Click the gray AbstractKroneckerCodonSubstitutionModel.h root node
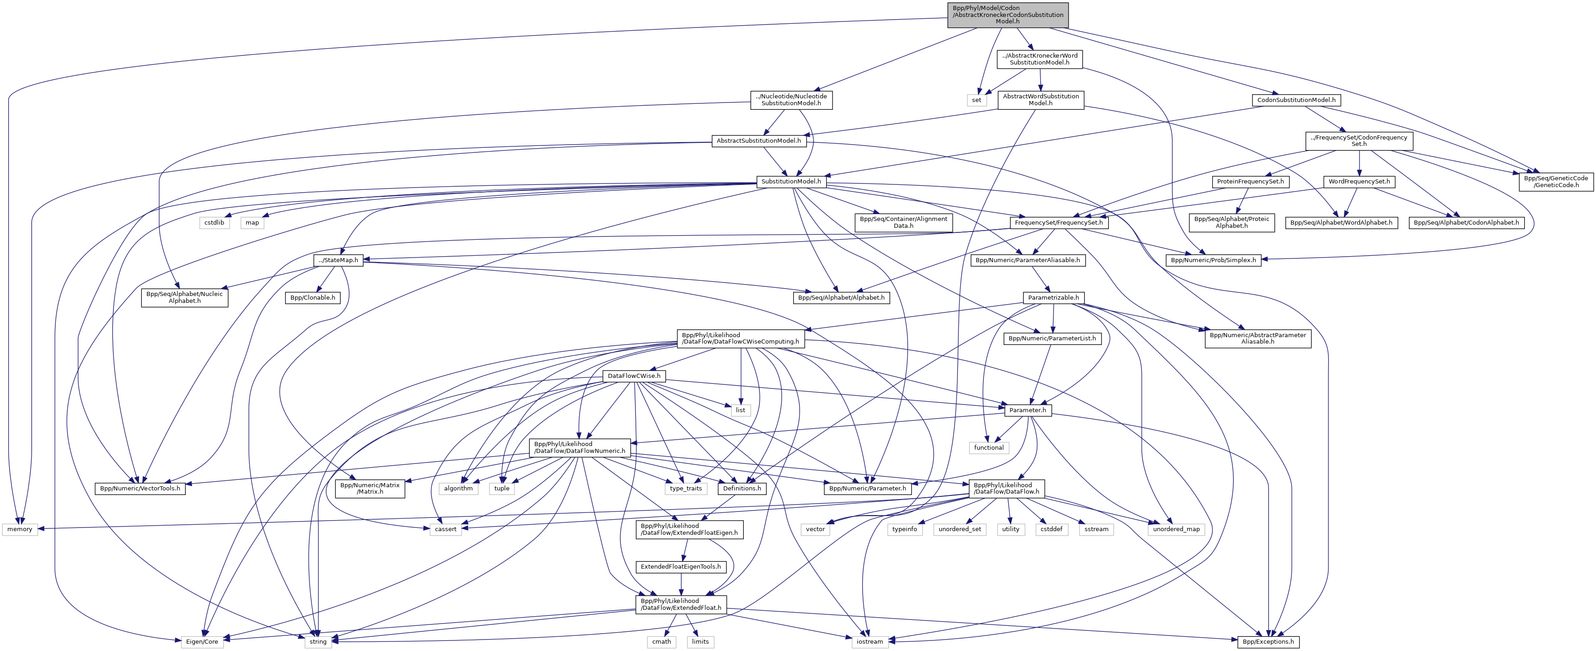(1007, 15)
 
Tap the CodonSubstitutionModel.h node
(1295, 100)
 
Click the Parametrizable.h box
(1053, 298)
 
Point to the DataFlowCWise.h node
(634, 376)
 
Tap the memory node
(20, 529)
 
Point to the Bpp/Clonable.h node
(313, 298)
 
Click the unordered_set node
(960, 529)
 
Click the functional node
(988, 448)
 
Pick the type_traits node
(686, 489)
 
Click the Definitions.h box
(742, 489)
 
